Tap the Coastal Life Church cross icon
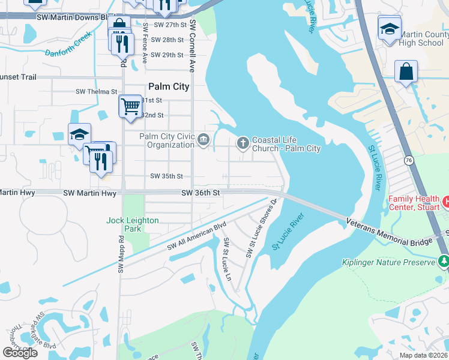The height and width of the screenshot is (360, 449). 243,142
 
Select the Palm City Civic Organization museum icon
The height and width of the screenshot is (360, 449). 203,140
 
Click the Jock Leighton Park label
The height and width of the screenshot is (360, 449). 133,224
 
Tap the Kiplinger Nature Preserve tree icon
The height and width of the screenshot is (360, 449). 444,261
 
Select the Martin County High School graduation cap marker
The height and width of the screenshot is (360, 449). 390,29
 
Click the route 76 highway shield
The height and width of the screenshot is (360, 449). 408,160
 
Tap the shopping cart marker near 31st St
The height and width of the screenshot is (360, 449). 130,107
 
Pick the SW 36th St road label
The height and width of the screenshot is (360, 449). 202,193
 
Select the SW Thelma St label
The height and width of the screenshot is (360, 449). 96,92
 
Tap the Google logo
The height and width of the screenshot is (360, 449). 20,353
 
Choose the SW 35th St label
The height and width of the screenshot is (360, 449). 166,176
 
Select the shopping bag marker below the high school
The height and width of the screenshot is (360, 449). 406,71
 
